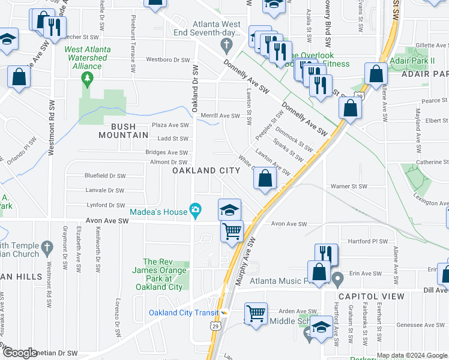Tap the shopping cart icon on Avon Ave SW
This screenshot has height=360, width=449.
(x=232, y=230)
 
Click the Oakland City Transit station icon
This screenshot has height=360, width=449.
(x=224, y=313)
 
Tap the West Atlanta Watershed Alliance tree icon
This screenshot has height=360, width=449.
(x=88, y=77)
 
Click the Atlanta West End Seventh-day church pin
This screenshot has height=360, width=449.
(x=226, y=44)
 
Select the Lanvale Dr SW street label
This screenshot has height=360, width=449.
(x=105, y=190)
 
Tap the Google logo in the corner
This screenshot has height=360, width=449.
(x=19, y=353)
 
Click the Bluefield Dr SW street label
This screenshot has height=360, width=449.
(x=105, y=176)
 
